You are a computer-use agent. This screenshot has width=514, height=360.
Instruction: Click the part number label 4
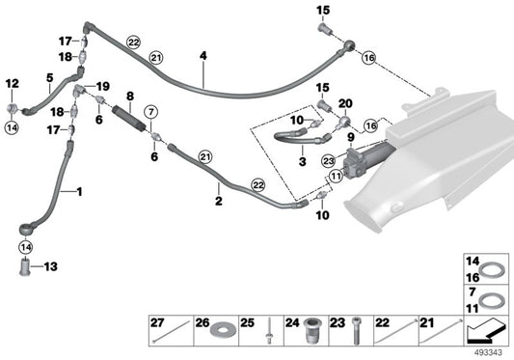[203, 56]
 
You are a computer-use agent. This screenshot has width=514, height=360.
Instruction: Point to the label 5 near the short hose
[49, 76]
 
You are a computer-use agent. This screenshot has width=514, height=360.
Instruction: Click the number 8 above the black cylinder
[129, 96]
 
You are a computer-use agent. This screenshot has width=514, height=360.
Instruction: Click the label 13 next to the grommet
[51, 266]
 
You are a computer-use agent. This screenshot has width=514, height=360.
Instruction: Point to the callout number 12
[13, 84]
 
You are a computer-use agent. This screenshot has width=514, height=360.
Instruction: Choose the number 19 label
[103, 86]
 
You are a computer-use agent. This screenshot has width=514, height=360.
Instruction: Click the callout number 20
[345, 103]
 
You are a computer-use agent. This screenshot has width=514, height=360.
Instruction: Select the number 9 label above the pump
[351, 137]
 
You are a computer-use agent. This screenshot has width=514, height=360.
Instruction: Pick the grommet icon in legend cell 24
[311, 332]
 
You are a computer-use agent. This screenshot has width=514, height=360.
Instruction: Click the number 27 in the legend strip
[157, 322]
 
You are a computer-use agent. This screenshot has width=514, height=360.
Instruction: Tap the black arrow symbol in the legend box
[482, 332]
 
